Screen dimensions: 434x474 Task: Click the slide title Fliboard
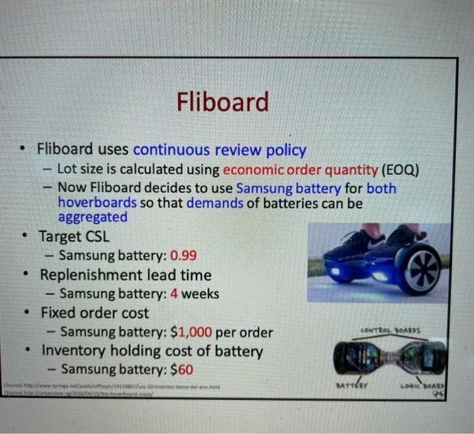click(x=223, y=102)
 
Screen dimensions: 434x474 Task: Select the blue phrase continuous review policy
click(x=219, y=150)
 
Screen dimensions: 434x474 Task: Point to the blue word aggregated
click(x=93, y=217)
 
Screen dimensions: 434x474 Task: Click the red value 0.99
click(x=184, y=256)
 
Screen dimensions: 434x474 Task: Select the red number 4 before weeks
click(x=174, y=294)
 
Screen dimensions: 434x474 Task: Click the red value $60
click(x=182, y=370)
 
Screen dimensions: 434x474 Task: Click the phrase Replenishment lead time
click(x=125, y=275)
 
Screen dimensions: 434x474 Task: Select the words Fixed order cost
click(x=95, y=313)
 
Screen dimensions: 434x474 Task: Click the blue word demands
click(x=216, y=202)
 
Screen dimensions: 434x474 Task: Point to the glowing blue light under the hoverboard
click(x=381, y=276)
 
